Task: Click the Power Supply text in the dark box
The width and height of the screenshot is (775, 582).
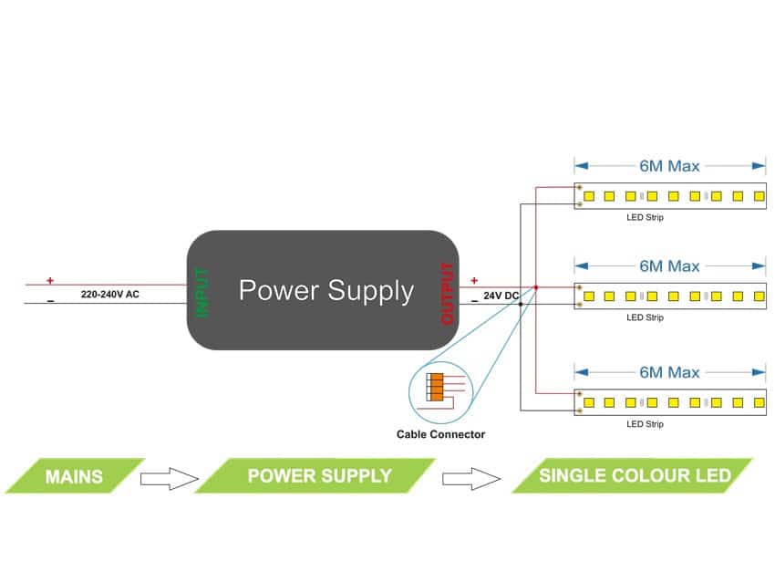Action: coord(325,291)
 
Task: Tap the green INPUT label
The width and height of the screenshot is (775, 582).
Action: coord(202,293)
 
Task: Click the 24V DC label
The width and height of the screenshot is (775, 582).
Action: coord(501,296)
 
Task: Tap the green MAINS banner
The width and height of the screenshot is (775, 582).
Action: coord(75,476)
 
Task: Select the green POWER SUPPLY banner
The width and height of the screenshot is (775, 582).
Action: coord(318,476)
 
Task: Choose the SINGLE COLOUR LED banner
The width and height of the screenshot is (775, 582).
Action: coord(634,476)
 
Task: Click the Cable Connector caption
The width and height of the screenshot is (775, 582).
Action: coord(440,434)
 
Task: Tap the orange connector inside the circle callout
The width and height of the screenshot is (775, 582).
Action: coord(437,388)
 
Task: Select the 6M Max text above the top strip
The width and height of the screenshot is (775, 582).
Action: coord(669,166)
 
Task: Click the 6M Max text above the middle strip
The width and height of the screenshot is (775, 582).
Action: coord(669,266)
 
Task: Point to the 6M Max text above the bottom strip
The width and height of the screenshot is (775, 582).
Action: coord(669,372)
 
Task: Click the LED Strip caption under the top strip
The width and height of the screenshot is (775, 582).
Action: coord(645,218)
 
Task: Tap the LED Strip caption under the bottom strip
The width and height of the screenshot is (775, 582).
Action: coord(645,424)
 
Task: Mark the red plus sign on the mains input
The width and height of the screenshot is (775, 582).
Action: coord(50,281)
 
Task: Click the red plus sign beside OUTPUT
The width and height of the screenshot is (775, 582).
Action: coord(474,281)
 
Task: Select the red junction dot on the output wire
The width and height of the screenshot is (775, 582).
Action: coord(536,288)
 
